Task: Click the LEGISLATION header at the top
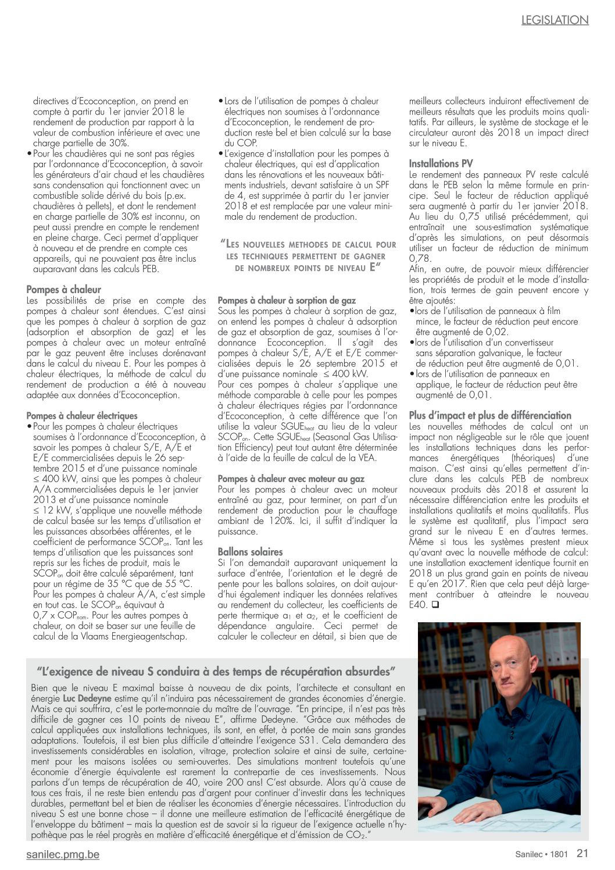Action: pos(555,20)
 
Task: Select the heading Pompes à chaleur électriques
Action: pos(82,416)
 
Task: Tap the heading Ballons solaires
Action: pos(250,552)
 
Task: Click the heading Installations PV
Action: pos(441,164)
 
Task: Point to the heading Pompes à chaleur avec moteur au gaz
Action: pos(291,479)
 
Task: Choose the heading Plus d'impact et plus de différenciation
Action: pos(490,415)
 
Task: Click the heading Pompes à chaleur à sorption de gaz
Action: pos(287,300)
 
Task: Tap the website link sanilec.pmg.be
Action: pos(63,854)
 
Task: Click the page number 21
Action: pos(582,853)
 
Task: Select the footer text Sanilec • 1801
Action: pos(541,854)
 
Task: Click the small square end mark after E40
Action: pos(435,605)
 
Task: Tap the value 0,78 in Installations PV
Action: pos(420,259)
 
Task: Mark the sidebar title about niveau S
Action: pos(216,671)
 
